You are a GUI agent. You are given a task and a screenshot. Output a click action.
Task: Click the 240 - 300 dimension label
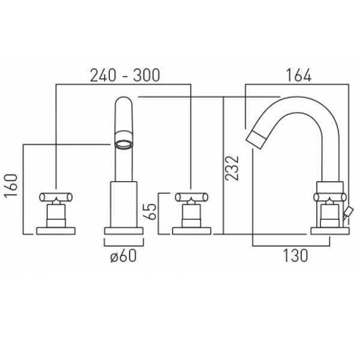click(125, 76)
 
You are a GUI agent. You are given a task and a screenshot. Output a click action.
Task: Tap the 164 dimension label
click(298, 76)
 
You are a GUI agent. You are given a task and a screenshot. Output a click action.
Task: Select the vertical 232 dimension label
click(232, 168)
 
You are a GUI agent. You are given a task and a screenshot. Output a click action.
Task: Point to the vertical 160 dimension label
click(11, 185)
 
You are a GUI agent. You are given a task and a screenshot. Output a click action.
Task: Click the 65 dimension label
click(149, 211)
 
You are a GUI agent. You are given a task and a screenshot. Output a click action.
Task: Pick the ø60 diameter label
click(124, 256)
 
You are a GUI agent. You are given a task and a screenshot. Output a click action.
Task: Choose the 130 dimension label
click(295, 256)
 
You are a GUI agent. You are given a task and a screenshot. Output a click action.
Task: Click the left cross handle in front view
click(56, 197)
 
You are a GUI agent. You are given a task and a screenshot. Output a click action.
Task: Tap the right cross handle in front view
click(192, 197)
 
